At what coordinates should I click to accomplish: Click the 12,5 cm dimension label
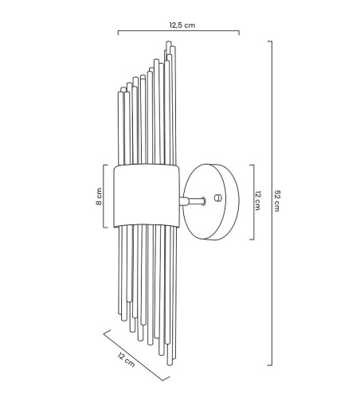tap(182, 25)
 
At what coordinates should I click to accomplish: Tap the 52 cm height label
tap(276, 201)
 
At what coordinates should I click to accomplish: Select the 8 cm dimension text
tap(99, 197)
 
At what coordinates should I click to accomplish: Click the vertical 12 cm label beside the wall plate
tap(257, 201)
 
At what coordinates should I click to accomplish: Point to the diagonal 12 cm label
tap(127, 360)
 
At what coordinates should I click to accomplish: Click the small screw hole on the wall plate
tap(217, 197)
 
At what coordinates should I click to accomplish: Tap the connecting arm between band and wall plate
tap(193, 201)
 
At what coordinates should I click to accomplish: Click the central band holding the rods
tap(147, 196)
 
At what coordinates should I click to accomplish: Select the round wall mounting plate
tap(211, 202)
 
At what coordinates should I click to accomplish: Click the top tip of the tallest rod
tap(168, 41)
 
